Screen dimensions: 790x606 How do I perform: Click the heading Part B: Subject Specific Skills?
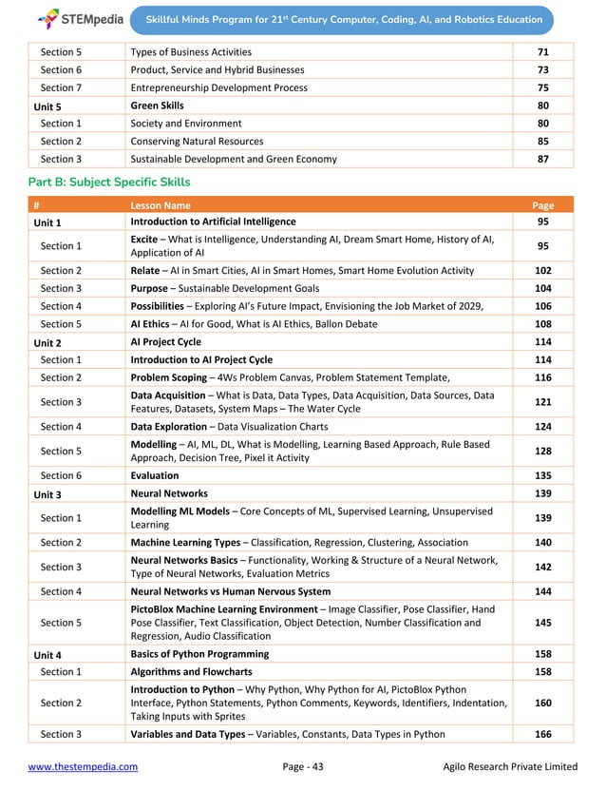[x=109, y=182]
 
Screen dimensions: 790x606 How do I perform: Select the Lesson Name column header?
[x=160, y=204]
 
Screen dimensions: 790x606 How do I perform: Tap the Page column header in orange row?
[x=542, y=204]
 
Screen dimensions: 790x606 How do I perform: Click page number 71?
[x=542, y=51]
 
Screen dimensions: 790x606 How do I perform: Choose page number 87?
[x=542, y=159]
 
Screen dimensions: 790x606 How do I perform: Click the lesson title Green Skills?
[x=157, y=106]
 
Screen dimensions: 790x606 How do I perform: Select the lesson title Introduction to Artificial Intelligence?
[x=213, y=222]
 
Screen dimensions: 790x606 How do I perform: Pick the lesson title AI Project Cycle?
[x=165, y=341]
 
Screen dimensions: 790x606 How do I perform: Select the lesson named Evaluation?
[x=154, y=476]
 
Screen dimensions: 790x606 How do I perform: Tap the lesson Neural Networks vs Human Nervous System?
[x=230, y=591]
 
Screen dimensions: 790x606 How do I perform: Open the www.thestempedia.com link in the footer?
[x=83, y=766]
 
